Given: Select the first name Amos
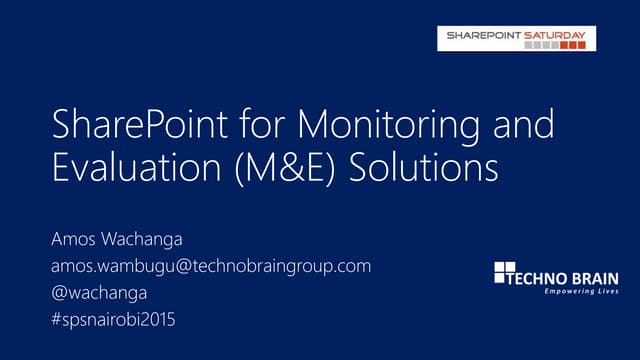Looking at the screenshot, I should point(73,242).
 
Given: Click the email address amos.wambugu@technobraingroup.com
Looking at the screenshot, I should point(211,266).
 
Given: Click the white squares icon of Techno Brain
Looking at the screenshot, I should point(504,272).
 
